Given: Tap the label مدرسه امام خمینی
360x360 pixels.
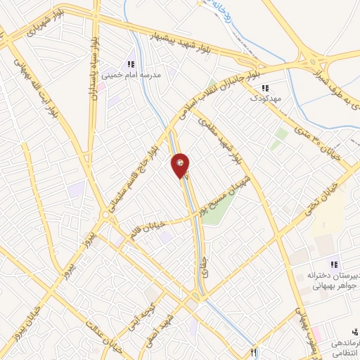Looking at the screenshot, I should pyautogui.click(x=131, y=73).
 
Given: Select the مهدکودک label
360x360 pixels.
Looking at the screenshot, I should pyautogui.click(x=265, y=98).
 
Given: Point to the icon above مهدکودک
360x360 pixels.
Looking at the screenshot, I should pyautogui.click(x=265, y=88).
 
